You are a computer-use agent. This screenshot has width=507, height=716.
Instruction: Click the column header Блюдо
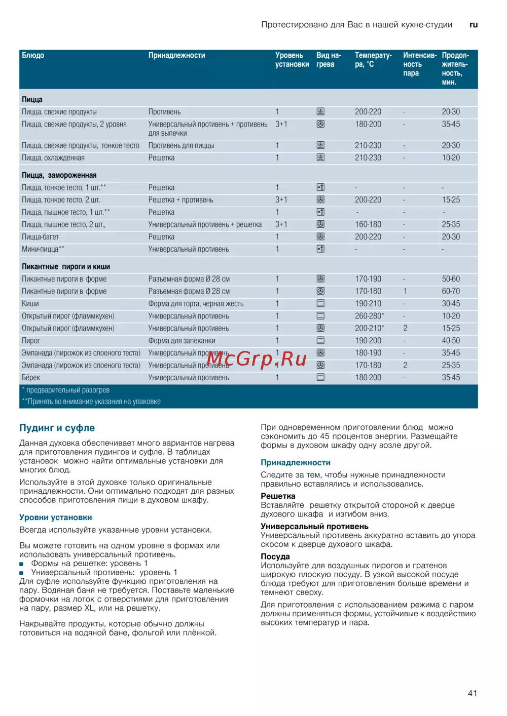coord(33,55)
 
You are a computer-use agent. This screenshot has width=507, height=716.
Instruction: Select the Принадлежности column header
coord(176,55)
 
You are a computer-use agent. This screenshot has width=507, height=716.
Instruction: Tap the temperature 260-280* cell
coord(369,316)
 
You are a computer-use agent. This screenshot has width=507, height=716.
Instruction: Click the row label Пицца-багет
coord(40,237)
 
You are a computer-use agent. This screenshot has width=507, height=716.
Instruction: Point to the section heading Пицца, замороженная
coord(59,175)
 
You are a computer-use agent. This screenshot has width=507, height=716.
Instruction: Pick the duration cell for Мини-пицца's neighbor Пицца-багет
coord(451,237)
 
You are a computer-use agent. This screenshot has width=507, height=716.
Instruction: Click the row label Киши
coord(30,304)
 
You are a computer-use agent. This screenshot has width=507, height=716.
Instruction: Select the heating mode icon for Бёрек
coord(320,377)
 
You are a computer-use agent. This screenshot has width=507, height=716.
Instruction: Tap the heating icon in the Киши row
coord(320,303)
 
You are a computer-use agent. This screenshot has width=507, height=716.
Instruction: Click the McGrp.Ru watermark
coord(257,359)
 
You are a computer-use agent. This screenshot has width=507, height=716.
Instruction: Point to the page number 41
coord(472,693)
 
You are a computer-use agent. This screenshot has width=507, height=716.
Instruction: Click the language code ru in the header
coord(474,24)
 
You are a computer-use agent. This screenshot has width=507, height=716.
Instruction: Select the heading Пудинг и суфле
coord(57,428)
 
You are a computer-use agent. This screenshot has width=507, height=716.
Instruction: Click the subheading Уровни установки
coord(56,518)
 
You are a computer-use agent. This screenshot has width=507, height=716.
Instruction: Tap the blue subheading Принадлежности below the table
coord(296,462)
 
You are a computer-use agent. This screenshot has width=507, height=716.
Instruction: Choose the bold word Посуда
coord(275,556)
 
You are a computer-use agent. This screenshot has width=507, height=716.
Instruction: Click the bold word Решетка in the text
coord(278,496)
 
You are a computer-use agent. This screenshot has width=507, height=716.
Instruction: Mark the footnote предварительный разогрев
coord(67,390)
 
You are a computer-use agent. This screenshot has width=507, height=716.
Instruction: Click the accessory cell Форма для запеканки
coord(182,341)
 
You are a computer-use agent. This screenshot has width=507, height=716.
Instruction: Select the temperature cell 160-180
coord(368,224)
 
